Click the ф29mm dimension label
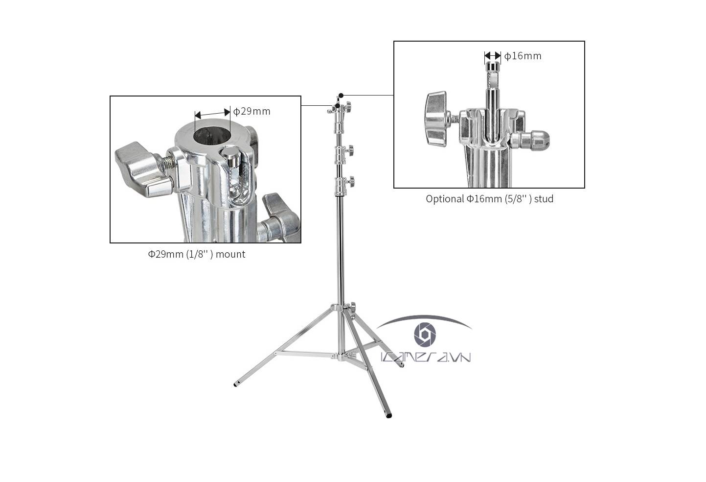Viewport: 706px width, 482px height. [251, 111]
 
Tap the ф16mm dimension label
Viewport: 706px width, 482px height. [523, 56]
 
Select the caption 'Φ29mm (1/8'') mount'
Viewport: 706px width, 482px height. [196, 254]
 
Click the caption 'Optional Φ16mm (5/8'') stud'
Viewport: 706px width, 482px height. [489, 199]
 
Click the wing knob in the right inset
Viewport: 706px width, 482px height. [436, 119]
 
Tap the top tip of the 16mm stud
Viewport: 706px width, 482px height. [492, 63]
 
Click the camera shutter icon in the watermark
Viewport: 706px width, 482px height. [425, 334]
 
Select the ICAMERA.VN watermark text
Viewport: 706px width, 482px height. [426, 357]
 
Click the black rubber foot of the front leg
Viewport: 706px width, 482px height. [389, 416]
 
